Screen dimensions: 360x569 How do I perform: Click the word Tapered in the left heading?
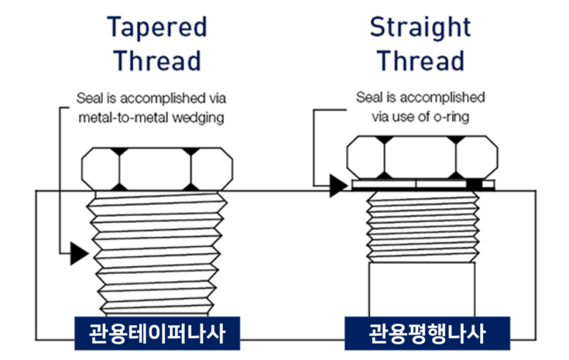pos(157,27)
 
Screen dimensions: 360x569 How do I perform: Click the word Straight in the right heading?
pos(420,27)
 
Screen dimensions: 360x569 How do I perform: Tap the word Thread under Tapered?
pos(157,60)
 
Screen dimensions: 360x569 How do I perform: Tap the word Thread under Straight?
pos(420,60)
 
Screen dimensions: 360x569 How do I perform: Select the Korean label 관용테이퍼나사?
pos(156,333)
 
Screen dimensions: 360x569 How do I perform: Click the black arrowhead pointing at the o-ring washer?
pos(338,186)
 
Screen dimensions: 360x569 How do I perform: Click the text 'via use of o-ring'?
pos(420,117)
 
